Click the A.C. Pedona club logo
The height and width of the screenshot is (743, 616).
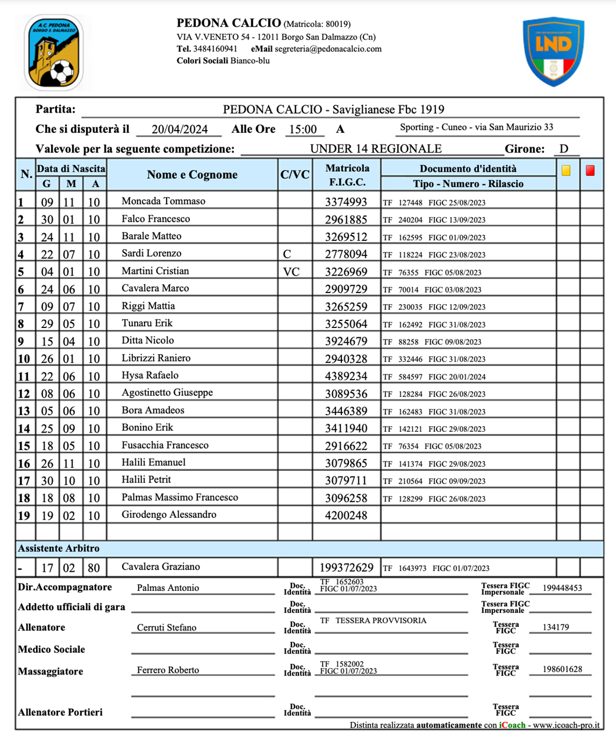point(54,53)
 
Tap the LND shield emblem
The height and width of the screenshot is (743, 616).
point(553,51)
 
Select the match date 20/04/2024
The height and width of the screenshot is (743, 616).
point(179,129)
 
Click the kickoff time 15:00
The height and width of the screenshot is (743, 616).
point(302,129)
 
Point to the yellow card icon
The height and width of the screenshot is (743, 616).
point(566,171)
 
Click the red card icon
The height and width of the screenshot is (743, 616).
point(590,171)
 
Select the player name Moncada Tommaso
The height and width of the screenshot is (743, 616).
point(163,201)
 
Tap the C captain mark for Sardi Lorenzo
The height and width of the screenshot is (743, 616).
point(287,254)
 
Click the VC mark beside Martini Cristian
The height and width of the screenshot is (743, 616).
point(291,272)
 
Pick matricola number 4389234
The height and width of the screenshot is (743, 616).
point(346,376)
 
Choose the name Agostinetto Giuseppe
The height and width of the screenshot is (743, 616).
point(167,393)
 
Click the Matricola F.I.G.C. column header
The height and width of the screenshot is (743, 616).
point(347,175)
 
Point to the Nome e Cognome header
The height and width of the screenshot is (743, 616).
point(192,175)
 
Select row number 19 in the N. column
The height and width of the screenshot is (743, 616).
point(24,515)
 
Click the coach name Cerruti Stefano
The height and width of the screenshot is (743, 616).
point(167,627)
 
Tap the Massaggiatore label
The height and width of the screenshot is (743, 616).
point(51,672)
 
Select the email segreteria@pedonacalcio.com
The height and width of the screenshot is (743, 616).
point(328,49)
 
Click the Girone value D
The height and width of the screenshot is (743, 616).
point(564,149)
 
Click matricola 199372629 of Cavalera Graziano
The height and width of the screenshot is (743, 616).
point(347,568)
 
